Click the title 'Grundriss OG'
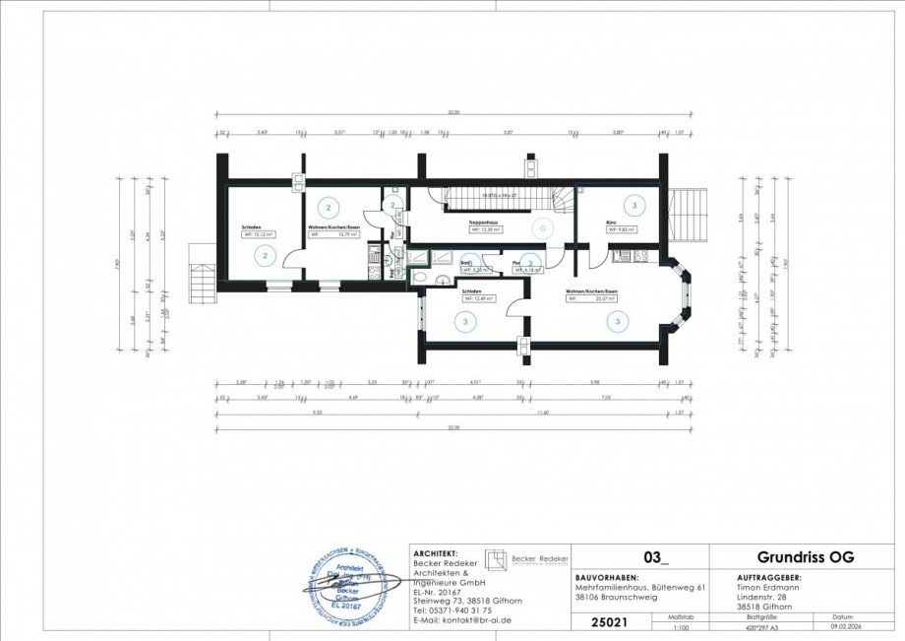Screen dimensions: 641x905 [805, 557]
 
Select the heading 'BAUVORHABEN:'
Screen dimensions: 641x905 [606, 578]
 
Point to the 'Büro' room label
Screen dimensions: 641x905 [611, 224]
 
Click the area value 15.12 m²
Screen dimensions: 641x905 [259, 235]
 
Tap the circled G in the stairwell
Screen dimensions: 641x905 [540, 227]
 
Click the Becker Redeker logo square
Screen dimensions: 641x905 [500, 557]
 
